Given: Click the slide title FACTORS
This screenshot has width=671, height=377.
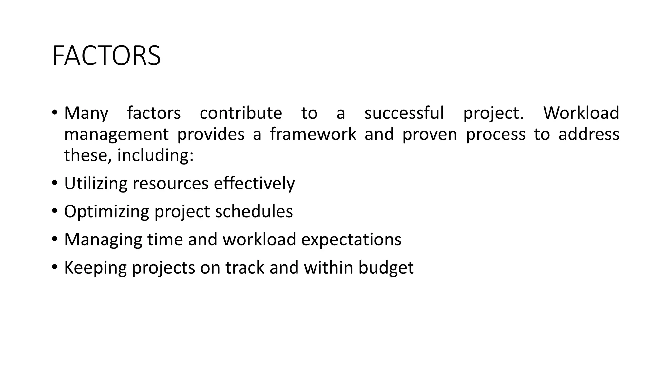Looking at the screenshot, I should coord(106,56).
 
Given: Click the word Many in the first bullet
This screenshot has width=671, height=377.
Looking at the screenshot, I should coord(86,113).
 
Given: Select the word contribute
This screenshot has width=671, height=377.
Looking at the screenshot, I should coord(241,113).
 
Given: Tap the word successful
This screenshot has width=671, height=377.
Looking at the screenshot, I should coord(404,113).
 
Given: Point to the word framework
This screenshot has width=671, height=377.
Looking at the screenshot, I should coord(313,134).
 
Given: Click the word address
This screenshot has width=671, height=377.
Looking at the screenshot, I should coord(589,134).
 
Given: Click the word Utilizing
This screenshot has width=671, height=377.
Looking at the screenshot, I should coord(96,184).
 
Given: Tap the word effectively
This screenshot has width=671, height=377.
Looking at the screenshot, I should coord(254,184).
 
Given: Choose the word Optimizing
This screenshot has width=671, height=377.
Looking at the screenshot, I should coord(106,212).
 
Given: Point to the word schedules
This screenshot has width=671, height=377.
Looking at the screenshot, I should coord(254,211).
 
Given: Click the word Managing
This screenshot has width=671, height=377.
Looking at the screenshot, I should coord(103,240).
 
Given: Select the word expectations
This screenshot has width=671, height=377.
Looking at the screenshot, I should coord(351,240).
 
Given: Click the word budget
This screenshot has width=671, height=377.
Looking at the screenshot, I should coord(386,268).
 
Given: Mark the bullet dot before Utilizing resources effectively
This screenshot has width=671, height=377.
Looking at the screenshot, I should coord(54,183).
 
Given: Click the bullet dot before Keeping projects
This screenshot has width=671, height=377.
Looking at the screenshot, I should coord(54,267).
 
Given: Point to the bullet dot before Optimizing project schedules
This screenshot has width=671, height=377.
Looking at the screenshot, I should coord(54,211).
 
